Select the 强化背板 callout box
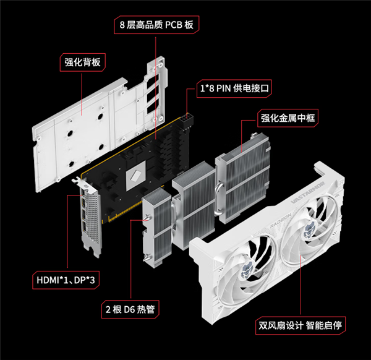point(82,62)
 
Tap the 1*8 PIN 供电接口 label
point(234,88)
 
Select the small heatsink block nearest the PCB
point(154,229)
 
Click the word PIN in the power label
point(224,88)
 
